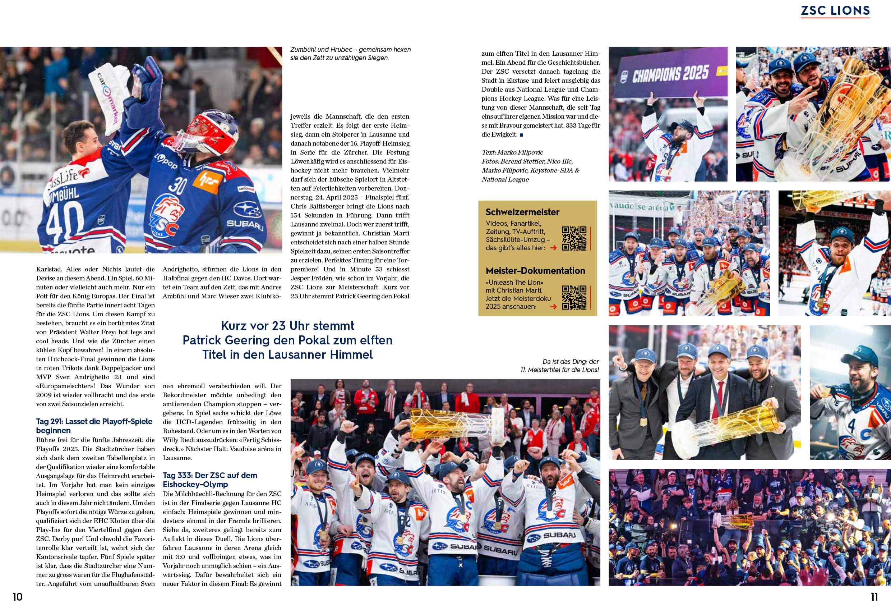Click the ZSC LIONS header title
[835, 10]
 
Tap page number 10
[18, 597]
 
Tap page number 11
[874, 597]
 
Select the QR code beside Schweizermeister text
[574, 238]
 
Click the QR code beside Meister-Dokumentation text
[574, 297]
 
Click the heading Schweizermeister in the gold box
[522, 212]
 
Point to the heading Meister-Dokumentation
[535, 271]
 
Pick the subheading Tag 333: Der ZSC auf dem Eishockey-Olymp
[210, 480]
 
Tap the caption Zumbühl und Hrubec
[350, 54]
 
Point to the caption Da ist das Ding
[560, 366]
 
